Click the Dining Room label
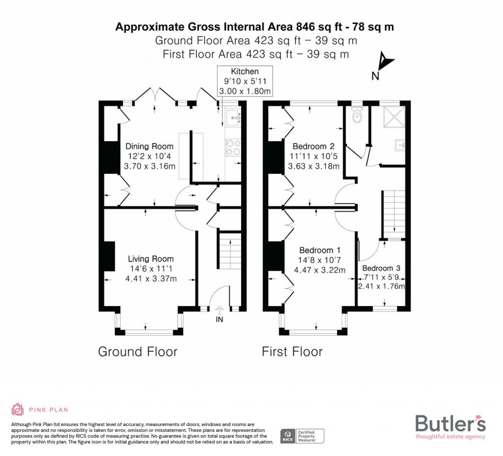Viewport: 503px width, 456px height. (149, 146)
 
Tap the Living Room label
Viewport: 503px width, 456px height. (151, 259)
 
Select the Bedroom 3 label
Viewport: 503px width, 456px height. (381, 268)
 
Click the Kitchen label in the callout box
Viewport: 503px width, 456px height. (245, 72)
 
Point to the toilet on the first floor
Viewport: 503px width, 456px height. (357, 115)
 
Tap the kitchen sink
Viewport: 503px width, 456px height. (232, 117)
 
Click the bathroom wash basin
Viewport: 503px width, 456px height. (400, 145)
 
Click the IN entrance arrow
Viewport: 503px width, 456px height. (220, 311)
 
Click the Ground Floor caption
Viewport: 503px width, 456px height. (138, 352)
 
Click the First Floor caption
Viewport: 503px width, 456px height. (292, 352)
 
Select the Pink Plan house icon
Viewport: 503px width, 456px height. (18, 409)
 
